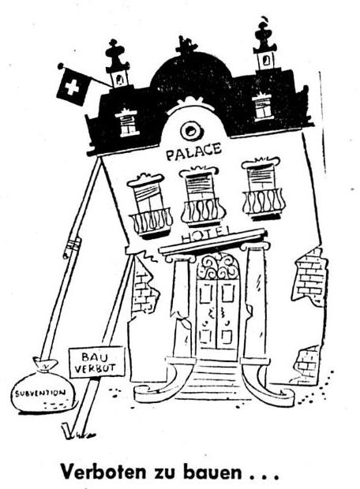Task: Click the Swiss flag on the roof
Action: [73, 87]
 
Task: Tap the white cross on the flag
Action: [72, 88]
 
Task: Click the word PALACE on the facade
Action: [193, 152]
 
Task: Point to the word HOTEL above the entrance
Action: [206, 236]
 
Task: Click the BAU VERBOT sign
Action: [97, 362]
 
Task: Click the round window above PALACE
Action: [189, 131]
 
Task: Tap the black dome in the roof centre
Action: [191, 73]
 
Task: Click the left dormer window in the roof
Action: [128, 122]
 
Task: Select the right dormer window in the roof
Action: [263, 106]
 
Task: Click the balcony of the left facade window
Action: [151, 222]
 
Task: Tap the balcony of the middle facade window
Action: [203, 211]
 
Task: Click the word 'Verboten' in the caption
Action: [103, 471]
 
